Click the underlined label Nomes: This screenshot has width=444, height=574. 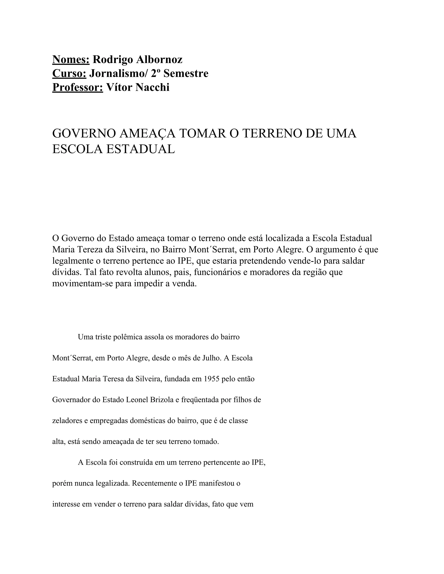tap(71, 60)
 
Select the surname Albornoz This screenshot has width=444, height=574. tap(159, 60)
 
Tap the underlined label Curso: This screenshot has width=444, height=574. tap(69, 74)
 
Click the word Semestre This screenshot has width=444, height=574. tap(186, 74)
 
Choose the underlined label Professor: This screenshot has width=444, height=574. tap(78, 87)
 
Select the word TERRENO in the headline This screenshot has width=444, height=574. tap(272, 133)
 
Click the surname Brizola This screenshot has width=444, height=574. tap(162, 400)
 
